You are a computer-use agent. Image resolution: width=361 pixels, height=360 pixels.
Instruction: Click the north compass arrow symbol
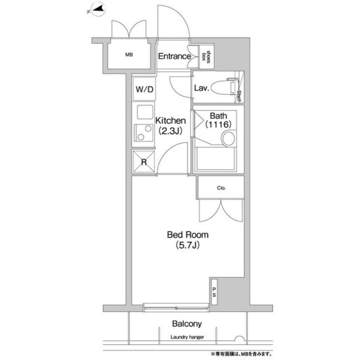[97, 10]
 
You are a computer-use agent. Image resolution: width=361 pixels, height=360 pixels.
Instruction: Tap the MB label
[129, 55]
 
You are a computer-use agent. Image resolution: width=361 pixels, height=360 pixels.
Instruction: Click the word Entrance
[174, 56]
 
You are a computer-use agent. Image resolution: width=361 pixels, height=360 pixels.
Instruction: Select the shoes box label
[206, 56]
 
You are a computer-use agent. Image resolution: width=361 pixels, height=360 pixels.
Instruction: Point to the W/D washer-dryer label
[144, 89]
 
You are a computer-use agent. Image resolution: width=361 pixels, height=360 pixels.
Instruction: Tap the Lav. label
[201, 88]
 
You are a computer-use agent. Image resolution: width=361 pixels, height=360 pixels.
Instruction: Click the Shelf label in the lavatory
[239, 96]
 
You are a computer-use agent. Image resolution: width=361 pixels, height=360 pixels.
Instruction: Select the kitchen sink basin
[145, 112]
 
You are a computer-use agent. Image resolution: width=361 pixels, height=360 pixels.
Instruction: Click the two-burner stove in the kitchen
[144, 132]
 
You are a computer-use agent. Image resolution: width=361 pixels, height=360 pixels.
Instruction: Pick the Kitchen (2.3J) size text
[170, 126]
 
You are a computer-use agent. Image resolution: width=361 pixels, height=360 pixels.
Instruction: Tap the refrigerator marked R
[144, 162]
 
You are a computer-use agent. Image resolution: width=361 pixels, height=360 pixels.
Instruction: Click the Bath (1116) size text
[218, 120]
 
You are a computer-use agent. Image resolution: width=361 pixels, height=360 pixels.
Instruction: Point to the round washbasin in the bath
[228, 139]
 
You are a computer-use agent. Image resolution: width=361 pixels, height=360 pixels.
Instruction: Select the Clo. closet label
[221, 188]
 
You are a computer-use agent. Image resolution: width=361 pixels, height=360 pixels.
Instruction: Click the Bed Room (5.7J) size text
[188, 240]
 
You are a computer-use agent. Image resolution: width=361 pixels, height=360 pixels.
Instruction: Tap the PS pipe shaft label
[214, 292]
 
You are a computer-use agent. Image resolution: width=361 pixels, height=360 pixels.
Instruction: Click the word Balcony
[187, 324]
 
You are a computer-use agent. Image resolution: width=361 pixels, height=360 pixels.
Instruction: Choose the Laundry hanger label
[187, 337]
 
